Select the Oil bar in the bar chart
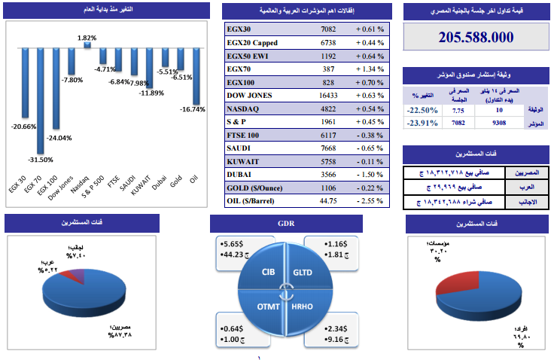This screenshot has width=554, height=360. (195, 75)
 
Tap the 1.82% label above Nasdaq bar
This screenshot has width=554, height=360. (87, 38)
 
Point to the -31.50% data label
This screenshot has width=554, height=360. (41, 160)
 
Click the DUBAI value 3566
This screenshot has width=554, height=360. (328, 175)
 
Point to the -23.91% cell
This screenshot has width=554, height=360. (421, 123)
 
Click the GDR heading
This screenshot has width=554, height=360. (286, 224)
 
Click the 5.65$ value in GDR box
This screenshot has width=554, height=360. (230, 245)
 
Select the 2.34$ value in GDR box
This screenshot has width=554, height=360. (336, 328)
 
